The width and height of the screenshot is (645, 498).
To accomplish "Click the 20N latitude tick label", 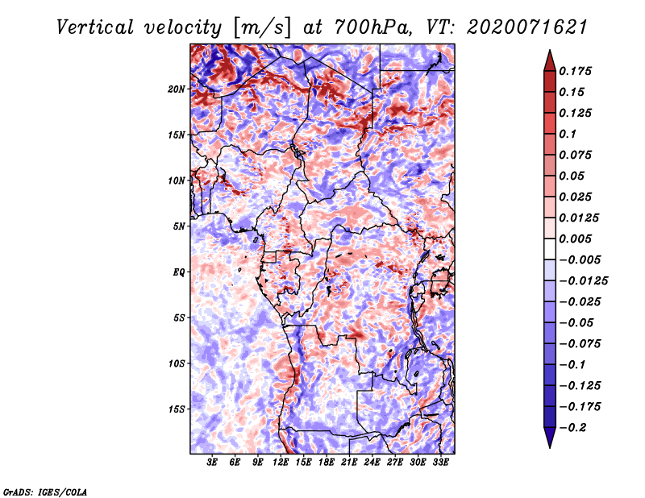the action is coord(176,89).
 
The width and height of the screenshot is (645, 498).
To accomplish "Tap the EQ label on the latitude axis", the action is coord(179,272).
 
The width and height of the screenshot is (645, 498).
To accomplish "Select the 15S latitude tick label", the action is coord(176,409).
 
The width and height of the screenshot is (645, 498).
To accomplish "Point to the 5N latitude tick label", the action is coord(179,226).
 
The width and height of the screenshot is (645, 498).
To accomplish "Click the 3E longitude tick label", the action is coord(212,463).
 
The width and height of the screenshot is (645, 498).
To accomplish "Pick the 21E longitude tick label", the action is coord(349,463).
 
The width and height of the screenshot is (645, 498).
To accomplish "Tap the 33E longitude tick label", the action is coord(440,463).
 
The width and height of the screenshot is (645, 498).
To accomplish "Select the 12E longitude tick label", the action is coord(281,463).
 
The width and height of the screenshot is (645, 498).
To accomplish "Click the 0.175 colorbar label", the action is coord(575,71).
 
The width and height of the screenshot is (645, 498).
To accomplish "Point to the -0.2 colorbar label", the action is coord(572,428).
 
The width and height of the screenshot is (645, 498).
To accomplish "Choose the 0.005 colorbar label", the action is coord(575,239).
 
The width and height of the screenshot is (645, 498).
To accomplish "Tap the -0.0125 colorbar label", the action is coord(583,281).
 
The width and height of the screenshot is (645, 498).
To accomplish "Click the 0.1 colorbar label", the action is coord(568,134).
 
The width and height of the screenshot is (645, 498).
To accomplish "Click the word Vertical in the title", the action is coord(95,27).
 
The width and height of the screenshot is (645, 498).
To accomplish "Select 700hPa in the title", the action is coord(372,27).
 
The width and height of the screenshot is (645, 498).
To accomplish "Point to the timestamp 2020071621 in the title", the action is coord(527,27).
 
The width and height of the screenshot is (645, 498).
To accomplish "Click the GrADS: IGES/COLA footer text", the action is coord(45,492).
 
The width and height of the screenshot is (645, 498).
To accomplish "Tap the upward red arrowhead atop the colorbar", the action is coord(550,60).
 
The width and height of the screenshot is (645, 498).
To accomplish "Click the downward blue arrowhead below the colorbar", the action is coord(550,438).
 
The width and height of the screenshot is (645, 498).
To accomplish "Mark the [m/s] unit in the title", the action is coord(262,28).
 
